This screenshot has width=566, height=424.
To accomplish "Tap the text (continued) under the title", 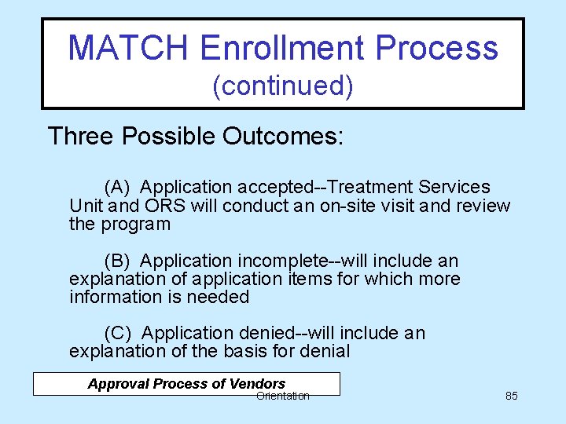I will click(x=282, y=86).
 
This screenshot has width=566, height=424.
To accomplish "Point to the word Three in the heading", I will click(x=81, y=137).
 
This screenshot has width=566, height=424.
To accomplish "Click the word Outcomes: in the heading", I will click(x=283, y=137).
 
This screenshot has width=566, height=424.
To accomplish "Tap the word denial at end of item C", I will click(x=325, y=352).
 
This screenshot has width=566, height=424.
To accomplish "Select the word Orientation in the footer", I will click(x=283, y=396).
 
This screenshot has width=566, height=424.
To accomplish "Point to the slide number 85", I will click(x=511, y=396).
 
